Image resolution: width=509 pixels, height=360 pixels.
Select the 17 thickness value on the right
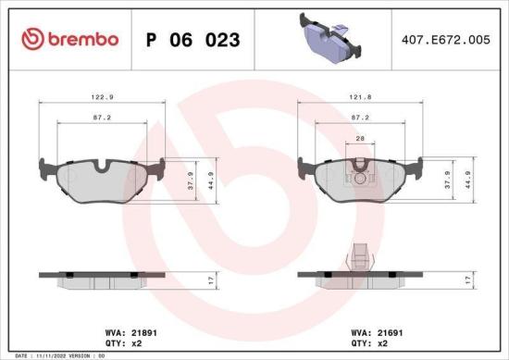tap(468, 279)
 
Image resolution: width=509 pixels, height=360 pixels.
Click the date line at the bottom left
tap(56, 355)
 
